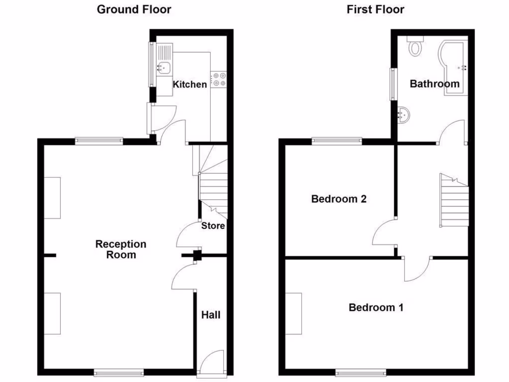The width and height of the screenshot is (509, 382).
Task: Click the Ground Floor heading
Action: (x=134, y=9)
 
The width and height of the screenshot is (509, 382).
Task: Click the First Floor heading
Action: (x=375, y=9)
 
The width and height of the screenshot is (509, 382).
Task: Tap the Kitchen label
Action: (x=189, y=84)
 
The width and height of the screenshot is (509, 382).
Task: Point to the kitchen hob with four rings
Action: (x=219, y=79)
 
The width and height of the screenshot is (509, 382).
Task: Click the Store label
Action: (x=213, y=226)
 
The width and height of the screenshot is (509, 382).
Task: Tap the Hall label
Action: (x=210, y=315)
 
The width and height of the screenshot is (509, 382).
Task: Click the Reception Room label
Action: (x=121, y=249)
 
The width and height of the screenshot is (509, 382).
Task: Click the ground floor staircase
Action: (x=213, y=191)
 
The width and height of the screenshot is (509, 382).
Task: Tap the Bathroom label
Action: (x=434, y=84)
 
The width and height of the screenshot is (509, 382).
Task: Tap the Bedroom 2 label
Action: (x=339, y=199)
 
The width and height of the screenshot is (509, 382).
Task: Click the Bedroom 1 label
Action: (x=375, y=307)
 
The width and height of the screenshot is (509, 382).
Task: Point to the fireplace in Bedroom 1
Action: (x=294, y=313)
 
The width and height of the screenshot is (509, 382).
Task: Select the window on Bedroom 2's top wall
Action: (x=337, y=141)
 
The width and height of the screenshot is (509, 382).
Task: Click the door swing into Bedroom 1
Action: (x=418, y=269)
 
